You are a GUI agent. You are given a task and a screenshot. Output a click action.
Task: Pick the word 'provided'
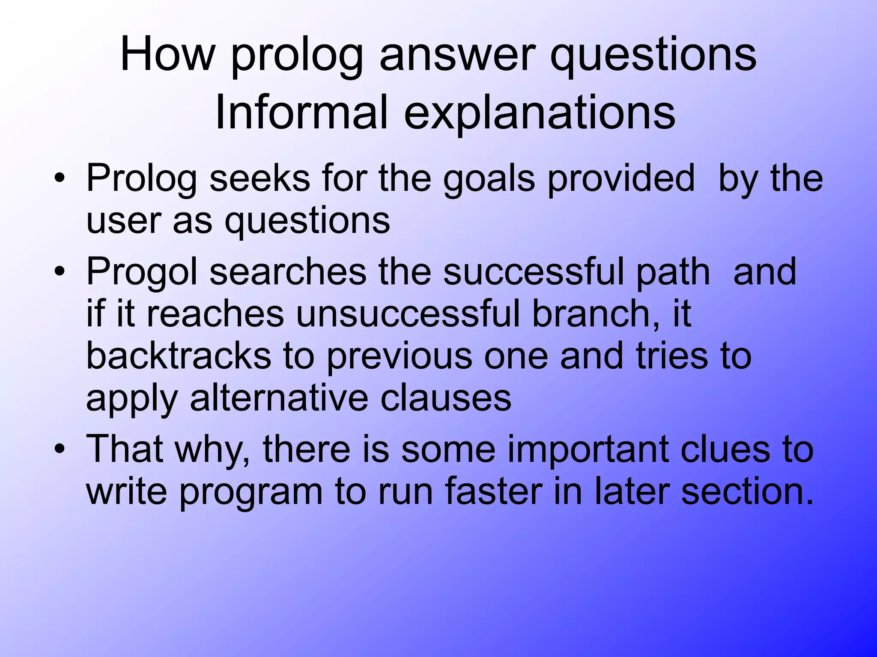621,179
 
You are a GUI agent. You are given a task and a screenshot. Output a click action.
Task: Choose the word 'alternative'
279,398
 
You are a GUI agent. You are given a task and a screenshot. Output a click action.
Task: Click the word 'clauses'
446,398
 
